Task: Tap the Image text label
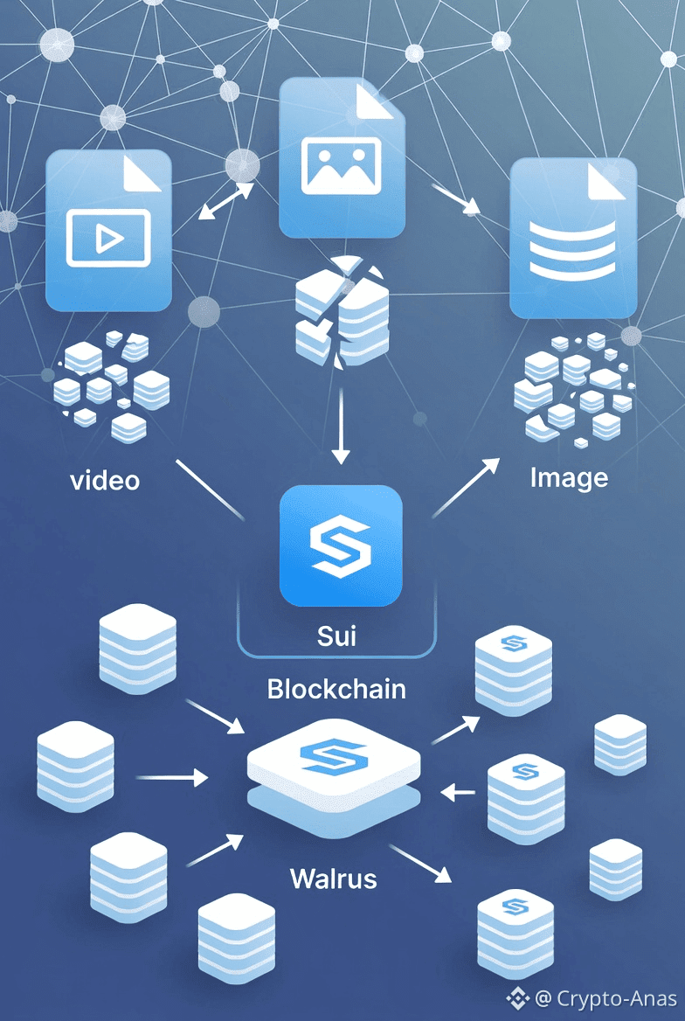[569, 477]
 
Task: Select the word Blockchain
[336, 689]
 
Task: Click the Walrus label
[333, 877]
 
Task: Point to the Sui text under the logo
[336, 635]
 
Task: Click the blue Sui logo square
[341, 545]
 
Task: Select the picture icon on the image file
[341, 165]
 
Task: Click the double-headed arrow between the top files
[225, 202]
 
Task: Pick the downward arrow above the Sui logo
[341, 428]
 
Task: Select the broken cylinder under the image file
[342, 315]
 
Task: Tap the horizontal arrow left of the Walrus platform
[172, 775]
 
